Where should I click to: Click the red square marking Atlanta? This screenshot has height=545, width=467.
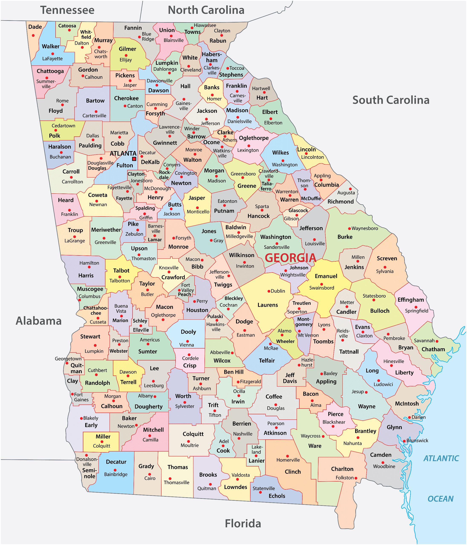[134, 159]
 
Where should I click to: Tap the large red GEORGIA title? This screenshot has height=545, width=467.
[290, 258]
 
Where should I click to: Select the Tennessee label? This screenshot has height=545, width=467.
[67, 10]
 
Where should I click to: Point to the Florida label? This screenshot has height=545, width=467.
[243, 523]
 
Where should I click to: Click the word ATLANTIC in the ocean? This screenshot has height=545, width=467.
[441, 459]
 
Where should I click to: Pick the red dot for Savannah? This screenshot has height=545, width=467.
[437, 341]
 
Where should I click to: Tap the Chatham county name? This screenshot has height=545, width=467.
[433, 349]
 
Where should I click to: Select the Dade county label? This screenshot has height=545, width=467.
[35, 27]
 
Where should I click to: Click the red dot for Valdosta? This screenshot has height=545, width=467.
[238, 479]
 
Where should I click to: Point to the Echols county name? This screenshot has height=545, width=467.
[277, 496]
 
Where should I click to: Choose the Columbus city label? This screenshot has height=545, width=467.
[89, 296]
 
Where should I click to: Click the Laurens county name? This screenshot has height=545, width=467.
[267, 305]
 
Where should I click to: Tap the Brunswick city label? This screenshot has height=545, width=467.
[417, 440]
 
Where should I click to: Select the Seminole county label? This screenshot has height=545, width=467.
[89, 473]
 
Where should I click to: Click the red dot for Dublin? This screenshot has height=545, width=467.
[269, 291]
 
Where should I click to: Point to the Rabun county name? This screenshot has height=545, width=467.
[218, 41]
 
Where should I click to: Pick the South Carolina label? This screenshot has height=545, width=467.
[391, 100]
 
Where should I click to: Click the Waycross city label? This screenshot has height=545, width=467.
[311, 436]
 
